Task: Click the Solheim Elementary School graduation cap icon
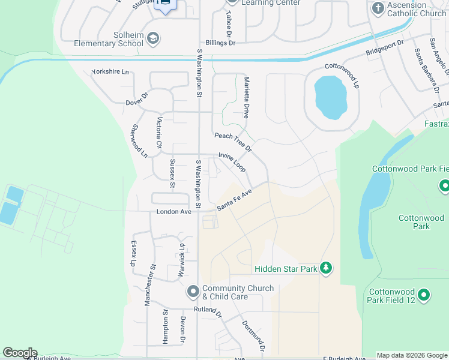point(153,39)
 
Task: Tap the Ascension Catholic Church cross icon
point(378,8)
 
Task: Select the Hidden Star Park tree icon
point(326,268)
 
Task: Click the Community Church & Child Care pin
point(193,292)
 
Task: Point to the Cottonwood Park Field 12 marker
point(424,295)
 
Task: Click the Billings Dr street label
point(220,43)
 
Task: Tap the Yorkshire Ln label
point(110,72)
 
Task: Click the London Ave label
point(173,212)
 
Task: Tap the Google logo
point(20,353)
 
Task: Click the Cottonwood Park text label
point(421,222)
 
